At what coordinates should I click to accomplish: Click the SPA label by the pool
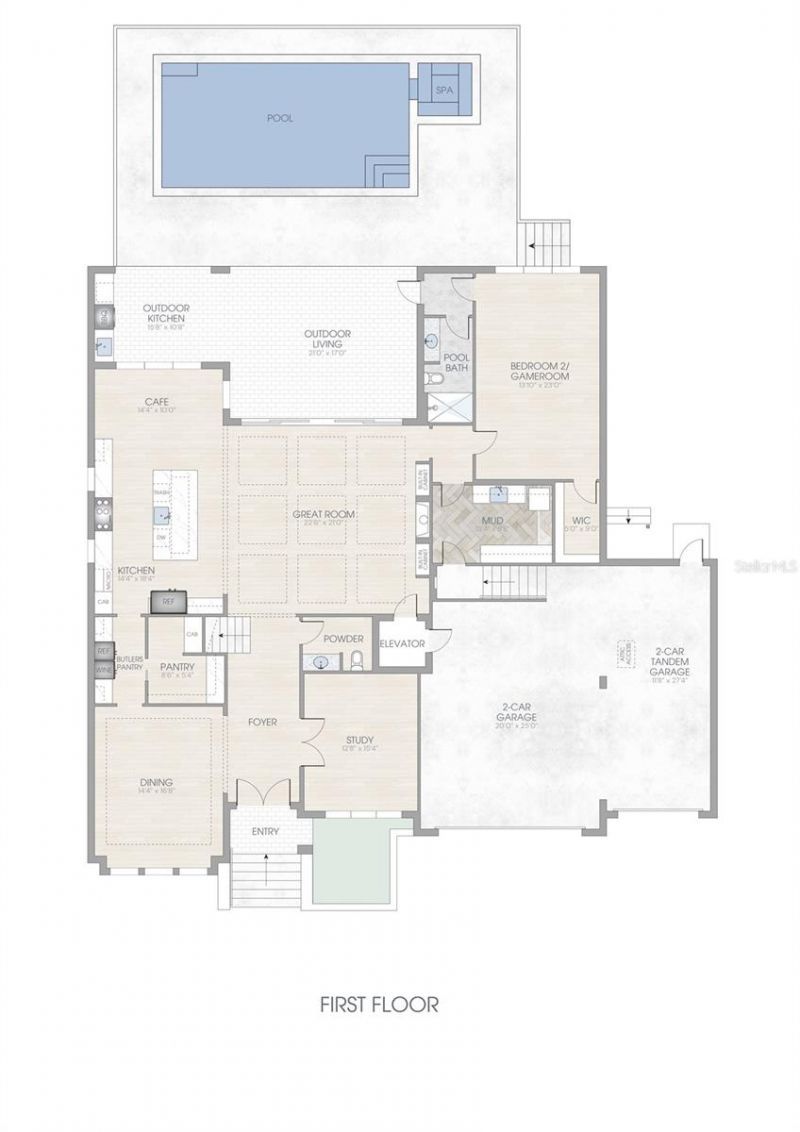(444, 90)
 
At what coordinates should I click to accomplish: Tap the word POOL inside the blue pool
(280, 118)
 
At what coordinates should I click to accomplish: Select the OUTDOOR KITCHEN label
(166, 313)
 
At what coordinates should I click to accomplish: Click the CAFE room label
(161, 404)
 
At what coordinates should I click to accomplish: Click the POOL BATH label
(456, 362)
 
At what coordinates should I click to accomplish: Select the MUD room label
(490, 521)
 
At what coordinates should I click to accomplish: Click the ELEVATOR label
(403, 643)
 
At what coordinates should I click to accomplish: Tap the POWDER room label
(343, 639)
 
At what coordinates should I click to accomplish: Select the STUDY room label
(360, 740)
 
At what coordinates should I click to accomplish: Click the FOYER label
(263, 721)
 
